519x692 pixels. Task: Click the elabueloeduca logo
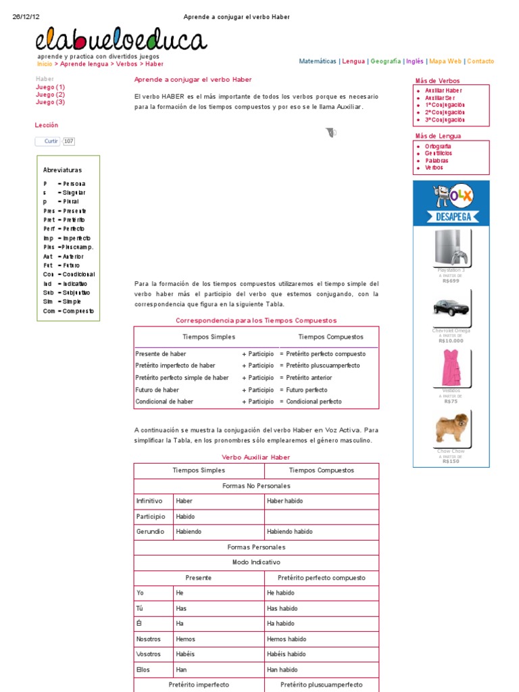122,41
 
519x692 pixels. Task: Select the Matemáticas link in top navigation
318,61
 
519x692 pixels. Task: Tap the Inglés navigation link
414,61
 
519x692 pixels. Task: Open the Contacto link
480,61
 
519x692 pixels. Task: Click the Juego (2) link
50,95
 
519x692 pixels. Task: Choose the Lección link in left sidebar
47,125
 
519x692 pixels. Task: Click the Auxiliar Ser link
439,97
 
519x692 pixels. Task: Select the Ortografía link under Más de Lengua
438,146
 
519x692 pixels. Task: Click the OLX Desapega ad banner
451,203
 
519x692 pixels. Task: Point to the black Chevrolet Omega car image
451,307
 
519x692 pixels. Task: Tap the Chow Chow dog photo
451,428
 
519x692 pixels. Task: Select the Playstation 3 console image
451,247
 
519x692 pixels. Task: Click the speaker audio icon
330,132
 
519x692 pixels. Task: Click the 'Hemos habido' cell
287,639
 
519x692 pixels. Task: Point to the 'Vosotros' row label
149,654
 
